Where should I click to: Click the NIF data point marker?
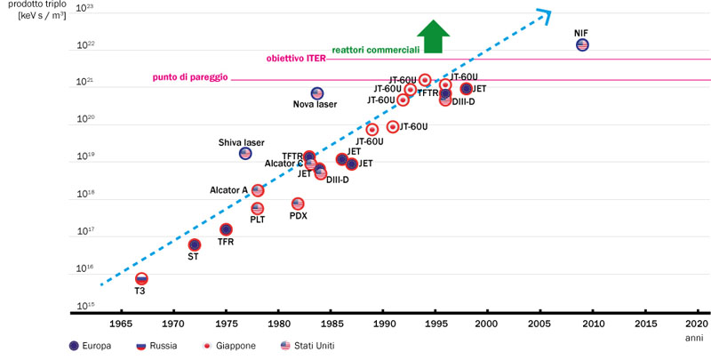(582, 44)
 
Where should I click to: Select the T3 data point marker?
(141, 279)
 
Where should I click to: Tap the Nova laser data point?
(317, 93)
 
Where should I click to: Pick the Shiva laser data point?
(245, 154)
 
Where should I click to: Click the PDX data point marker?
(298, 204)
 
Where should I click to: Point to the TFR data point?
(226, 229)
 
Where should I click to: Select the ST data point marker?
(195, 244)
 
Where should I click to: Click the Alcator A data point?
(258, 190)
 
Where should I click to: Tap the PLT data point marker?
(257, 208)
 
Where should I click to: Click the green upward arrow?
(435, 36)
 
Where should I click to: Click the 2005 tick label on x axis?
(539, 324)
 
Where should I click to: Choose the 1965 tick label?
(121, 324)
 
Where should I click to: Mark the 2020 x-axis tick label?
(696, 324)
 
